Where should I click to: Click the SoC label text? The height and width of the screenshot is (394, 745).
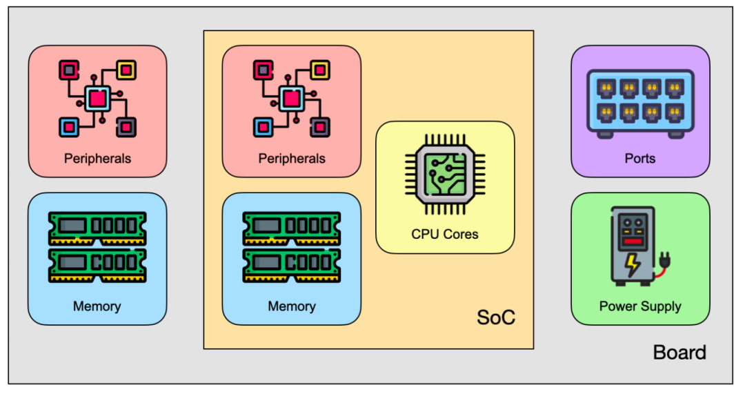click(495, 317)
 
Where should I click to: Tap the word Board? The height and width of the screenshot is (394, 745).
click(679, 353)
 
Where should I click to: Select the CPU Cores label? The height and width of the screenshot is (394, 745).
click(445, 235)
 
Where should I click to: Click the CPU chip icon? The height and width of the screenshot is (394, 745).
click(445, 175)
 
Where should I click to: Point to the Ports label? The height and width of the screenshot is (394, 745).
click(640, 159)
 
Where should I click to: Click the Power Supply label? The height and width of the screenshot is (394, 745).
click(640, 306)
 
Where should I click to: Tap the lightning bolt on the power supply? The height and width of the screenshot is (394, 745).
click(633, 265)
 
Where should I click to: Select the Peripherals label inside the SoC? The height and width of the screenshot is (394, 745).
click(292, 159)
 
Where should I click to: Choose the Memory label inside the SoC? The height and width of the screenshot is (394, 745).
click(292, 306)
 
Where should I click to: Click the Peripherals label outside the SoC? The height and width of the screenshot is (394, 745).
click(97, 159)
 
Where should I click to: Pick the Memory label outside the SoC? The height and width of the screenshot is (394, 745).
click(97, 306)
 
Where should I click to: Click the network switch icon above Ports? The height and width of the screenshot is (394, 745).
click(640, 104)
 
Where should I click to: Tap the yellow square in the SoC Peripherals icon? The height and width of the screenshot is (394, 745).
click(320, 70)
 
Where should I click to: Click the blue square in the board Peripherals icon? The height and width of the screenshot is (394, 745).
click(69, 128)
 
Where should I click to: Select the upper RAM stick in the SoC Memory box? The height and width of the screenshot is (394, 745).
click(292, 228)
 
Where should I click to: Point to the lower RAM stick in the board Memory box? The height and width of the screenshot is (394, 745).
click(97, 266)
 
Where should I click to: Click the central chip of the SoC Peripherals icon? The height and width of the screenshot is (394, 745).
click(292, 99)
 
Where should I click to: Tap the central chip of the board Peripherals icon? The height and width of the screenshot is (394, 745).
click(97, 99)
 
